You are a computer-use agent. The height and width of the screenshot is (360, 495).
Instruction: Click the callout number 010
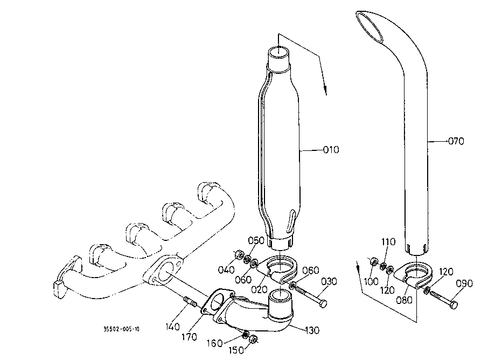click(x=331, y=149)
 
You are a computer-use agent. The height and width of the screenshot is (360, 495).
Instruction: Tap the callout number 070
click(x=456, y=141)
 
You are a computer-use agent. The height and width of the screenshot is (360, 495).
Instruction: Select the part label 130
click(x=312, y=330)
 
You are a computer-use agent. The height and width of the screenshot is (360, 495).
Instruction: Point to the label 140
click(x=172, y=327)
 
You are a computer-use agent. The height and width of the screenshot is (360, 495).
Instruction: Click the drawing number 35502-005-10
click(x=122, y=329)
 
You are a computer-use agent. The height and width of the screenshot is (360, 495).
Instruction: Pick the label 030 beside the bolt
click(x=329, y=281)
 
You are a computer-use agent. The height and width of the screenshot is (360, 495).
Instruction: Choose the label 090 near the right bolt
click(x=465, y=283)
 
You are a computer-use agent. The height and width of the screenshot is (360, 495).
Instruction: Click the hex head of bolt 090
click(x=453, y=305)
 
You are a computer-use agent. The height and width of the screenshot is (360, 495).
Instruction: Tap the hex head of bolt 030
click(x=323, y=304)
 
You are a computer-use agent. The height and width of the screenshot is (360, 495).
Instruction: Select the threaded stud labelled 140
click(x=190, y=302)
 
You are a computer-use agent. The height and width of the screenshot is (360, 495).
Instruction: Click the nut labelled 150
click(x=253, y=340)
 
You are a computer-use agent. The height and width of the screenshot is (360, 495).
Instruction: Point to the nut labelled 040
click(x=239, y=254)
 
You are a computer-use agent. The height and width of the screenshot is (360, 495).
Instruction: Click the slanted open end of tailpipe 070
click(x=369, y=27)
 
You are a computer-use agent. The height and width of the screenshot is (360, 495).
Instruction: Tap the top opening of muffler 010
click(x=279, y=52)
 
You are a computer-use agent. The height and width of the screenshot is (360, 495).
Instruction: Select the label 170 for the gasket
click(x=189, y=337)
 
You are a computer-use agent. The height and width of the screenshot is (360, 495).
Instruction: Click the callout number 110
click(x=388, y=241)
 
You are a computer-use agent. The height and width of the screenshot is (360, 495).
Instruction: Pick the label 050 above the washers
click(x=256, y=240)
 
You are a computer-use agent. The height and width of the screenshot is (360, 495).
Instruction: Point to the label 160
click(x=215, y=343)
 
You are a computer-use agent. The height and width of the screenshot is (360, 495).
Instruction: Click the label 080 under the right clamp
click(x=405, y=300)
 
